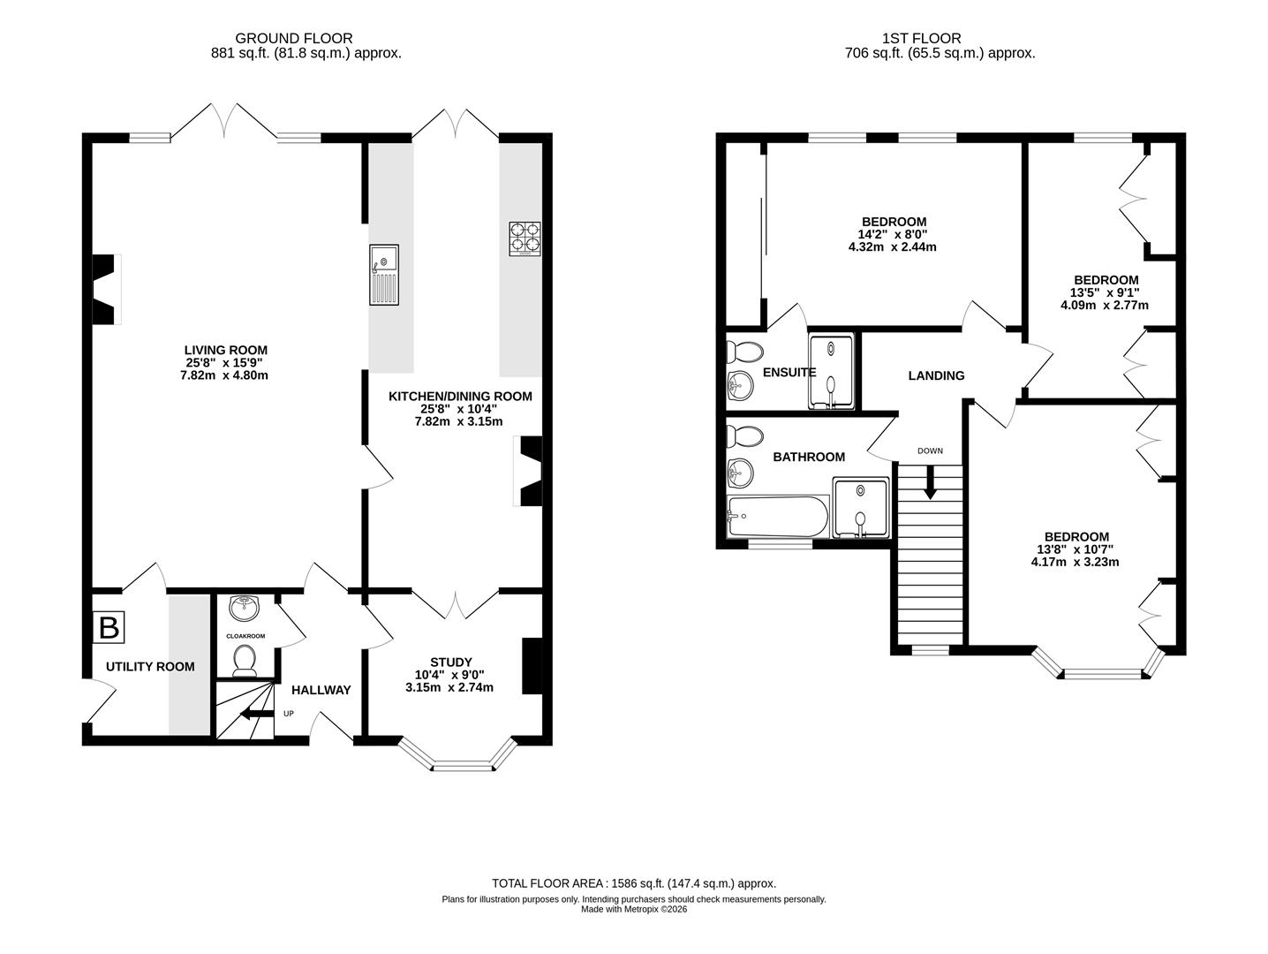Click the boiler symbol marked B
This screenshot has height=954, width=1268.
coord(109,627)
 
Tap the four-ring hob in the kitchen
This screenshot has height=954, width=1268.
coord(525,238)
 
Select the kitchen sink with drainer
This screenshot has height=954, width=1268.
coord(384,274)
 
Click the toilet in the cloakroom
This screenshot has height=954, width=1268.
coord(245,661)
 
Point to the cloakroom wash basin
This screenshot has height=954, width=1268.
coord(245,608)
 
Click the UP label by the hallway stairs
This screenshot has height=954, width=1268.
coord(288,714)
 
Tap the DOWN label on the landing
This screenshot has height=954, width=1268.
coord(930,450)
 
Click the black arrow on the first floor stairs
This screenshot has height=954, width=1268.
coord(930,482)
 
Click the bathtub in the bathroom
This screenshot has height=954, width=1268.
coord(778,516)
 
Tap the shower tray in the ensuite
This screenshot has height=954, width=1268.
coord(831,371)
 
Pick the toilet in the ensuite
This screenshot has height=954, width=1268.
coord(744,351)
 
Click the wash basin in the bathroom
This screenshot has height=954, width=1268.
coord(740,472)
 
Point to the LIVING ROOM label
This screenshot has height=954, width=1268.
coord(226,350)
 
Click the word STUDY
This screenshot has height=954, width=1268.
coord(451,662)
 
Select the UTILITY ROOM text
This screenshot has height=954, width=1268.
coord(150,667)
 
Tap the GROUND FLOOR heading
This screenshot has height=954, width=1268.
coord(293,39)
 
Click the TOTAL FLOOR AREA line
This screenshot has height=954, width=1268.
coord(634,883)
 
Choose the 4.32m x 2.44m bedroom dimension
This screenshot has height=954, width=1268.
coord(893,247)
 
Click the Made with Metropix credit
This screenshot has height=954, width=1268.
coord(634,909)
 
